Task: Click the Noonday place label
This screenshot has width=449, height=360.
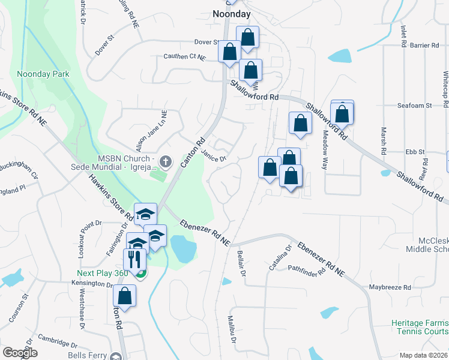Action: (x=231, y=14)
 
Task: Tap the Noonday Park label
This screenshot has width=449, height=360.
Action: (x=43, y=74)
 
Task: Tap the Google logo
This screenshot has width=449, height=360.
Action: (x=20, y=353)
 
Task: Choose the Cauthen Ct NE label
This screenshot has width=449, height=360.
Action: (x=184, y=57)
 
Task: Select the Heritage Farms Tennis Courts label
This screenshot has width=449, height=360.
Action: (x=420, y=327)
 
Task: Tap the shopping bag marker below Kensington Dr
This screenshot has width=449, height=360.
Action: (x=124, y=296)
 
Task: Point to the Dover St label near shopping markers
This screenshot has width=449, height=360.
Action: (x=206, y=42)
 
